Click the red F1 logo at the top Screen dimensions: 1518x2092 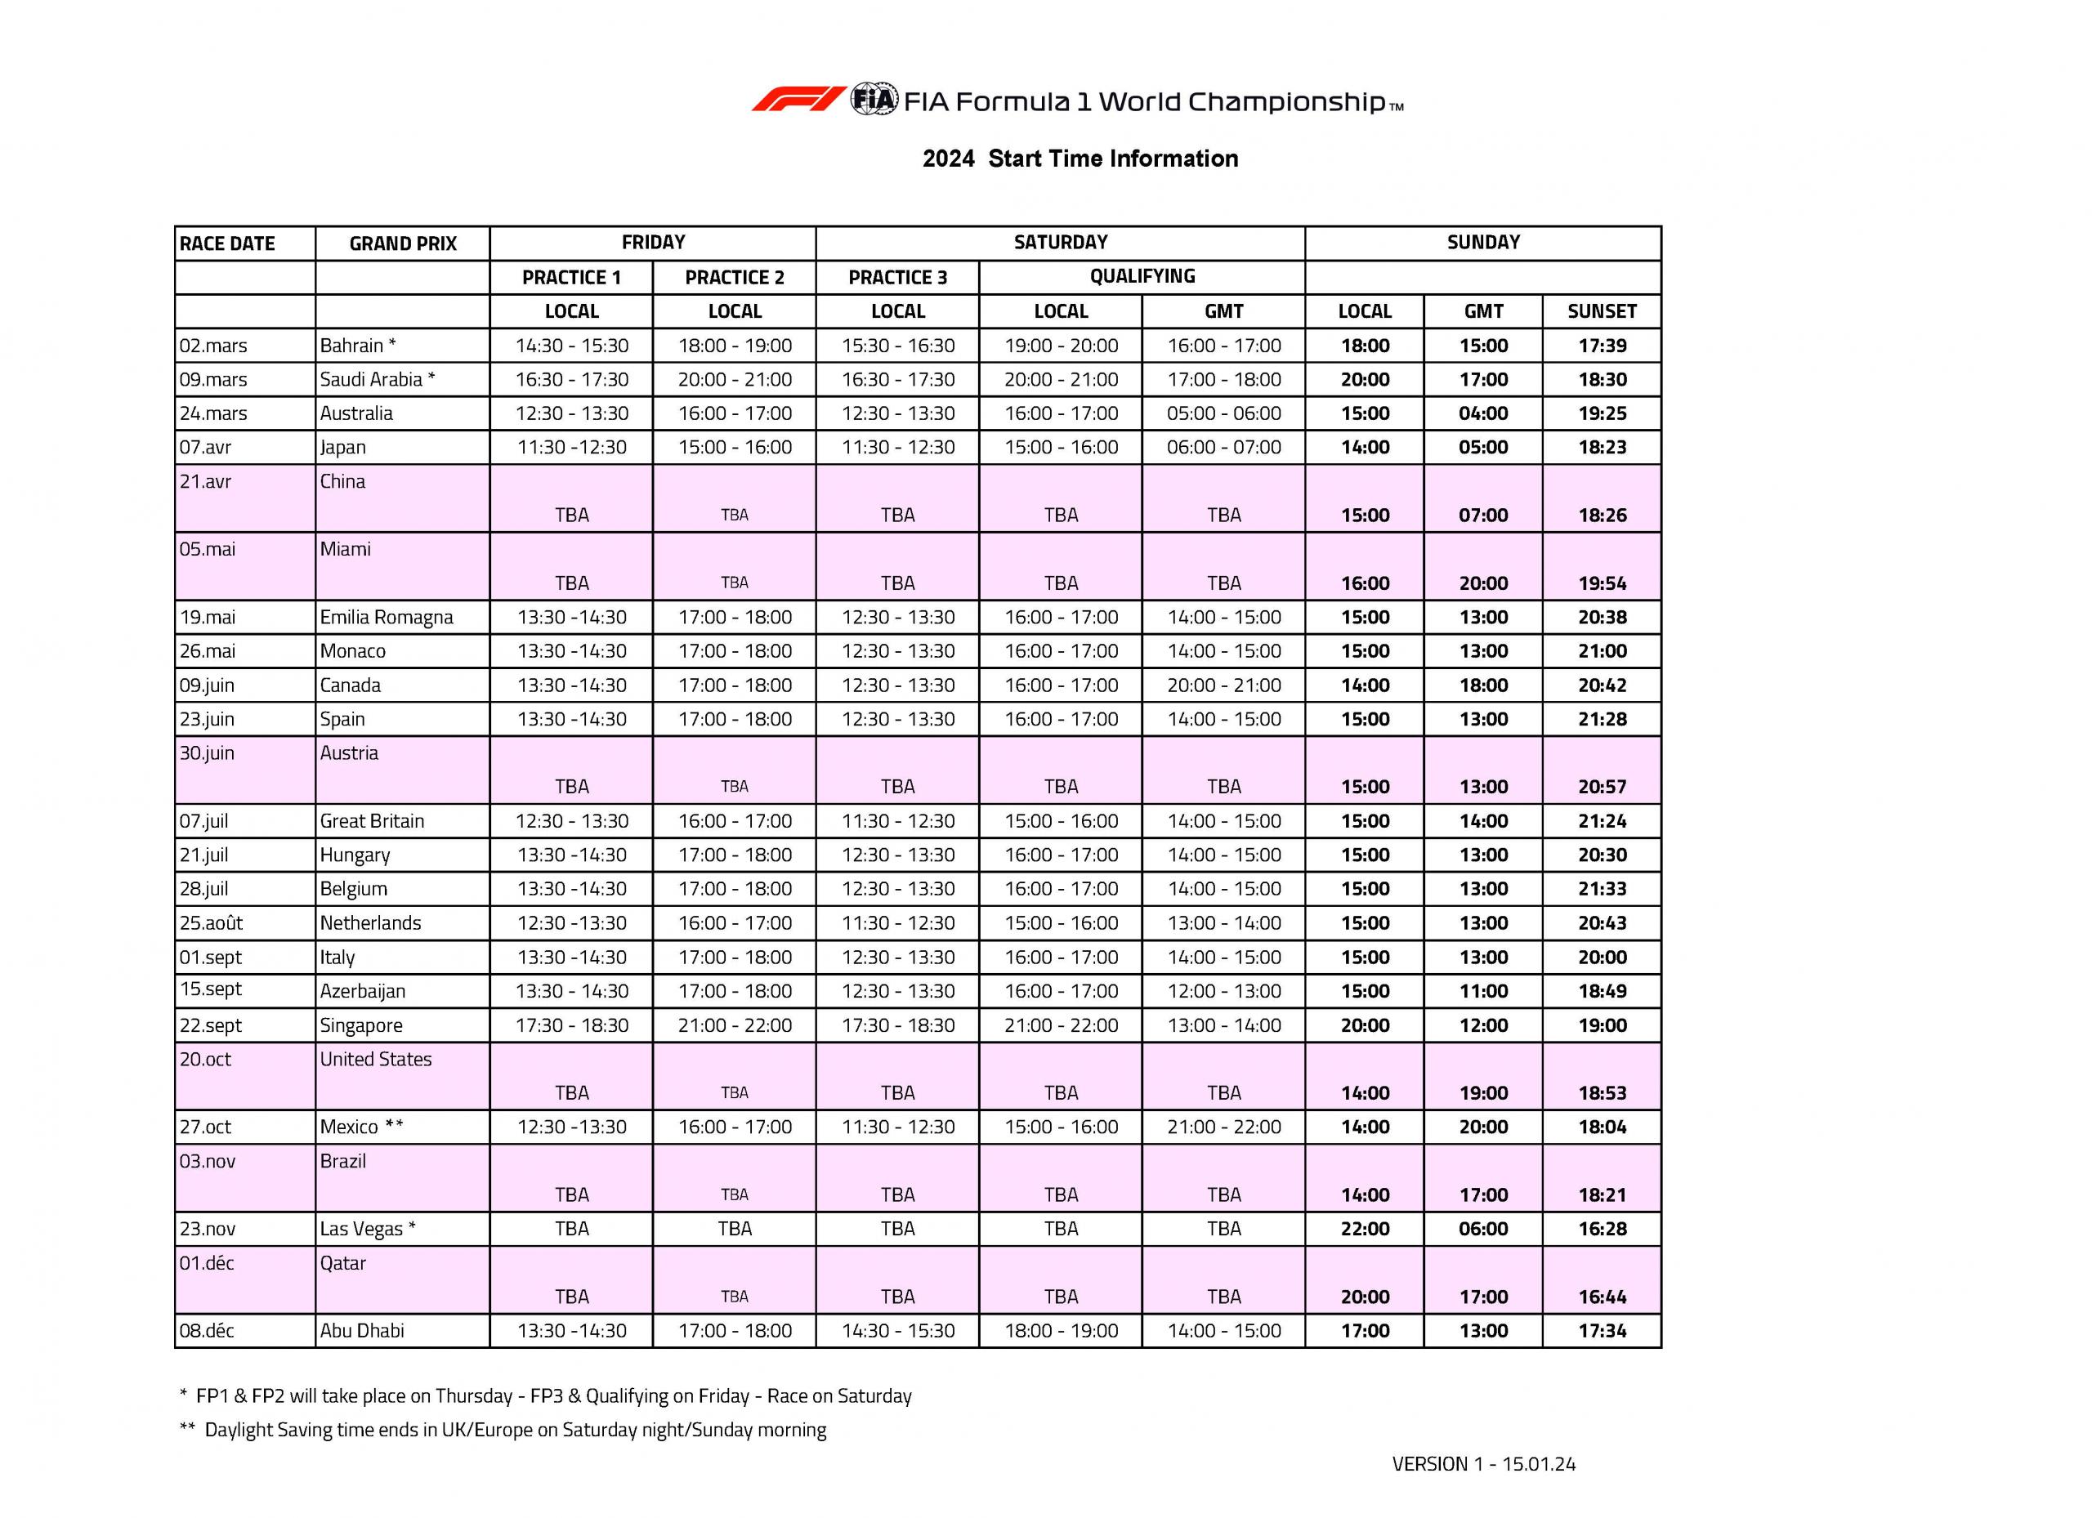click(x=798, y=100)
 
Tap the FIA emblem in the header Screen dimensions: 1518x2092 click(x=873, y=99)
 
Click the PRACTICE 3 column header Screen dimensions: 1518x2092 click(x=896, y=278)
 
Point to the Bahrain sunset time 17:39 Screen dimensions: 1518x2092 click(x=1602, y=346)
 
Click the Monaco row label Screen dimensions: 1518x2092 click(x=352, y=651)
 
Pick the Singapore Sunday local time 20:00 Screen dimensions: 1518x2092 click(x=1364, y=1025)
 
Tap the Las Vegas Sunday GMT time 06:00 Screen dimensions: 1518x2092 click(x=1482, y=1229)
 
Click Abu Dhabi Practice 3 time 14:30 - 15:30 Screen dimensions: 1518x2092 click(x=897, y=1331)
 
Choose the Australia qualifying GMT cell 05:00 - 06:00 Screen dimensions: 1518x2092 click(x=1223, y=413)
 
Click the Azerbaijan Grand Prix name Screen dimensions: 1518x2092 click(x=363, y=991)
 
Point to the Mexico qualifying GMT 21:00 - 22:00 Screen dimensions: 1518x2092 click(x=1223, y=1127)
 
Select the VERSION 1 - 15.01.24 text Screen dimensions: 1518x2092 click(x=1483, y=1463)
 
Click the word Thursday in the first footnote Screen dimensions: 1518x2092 click(x=473, y=1395)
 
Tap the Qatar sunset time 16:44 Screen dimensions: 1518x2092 click(x=1602, y=1297)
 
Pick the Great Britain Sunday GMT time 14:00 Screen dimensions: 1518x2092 click(x=1482, y=821)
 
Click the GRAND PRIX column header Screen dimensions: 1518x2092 click(x=402, y=243)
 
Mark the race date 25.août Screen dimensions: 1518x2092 click(x=211, y=923)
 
